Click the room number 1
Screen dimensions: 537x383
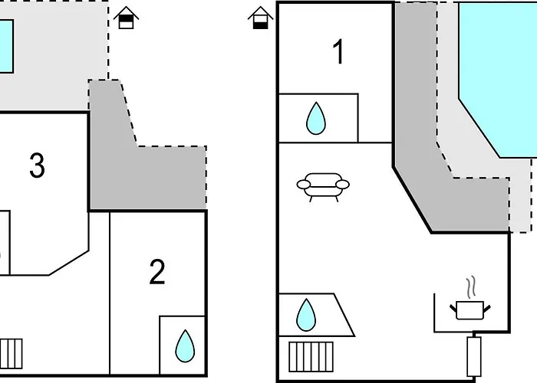pyautogui.click(x=338, y=51)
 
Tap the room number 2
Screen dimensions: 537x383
pyautogui.click(x=157, y=271)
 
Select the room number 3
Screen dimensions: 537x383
pyautogui.click(x=37, y=165)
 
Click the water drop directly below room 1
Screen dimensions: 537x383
pyautogui.click(x=316, y=118)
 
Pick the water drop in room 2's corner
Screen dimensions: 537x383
pyautogui.click(x=185, y=346)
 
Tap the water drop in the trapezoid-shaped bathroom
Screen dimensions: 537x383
pyautogui.click(x=306, y=315)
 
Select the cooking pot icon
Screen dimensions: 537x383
pyautogui.click(x=469, y=310)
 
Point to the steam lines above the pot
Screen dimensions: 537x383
pyautogui.click(x=471, y=286)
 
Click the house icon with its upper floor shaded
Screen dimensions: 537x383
pyautogui.click(x=126, y=18)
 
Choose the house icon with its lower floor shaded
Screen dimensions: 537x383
pyautogui.click(x=261, y=18)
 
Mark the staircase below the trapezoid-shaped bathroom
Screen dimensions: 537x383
pyautogui.click(x=311, y=357)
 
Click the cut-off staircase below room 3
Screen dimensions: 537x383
pyautogui.click(x=11, y=354)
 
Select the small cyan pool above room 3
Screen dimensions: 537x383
pyautogui.click(x=6, y=46)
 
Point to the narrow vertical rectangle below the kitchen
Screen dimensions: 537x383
pyautogui.click(x=474, y=356)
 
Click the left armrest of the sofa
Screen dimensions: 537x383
pyautogui.click(x=304, y=185)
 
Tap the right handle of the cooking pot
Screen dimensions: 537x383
pyautogui.click(x=486, y=309)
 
